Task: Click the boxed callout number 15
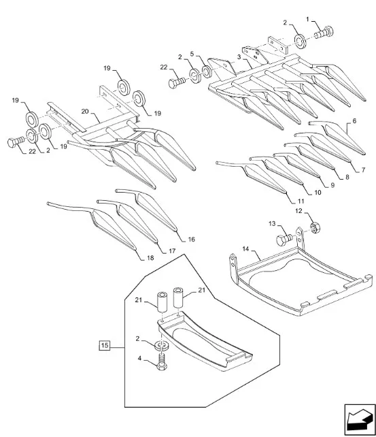pos(104,346)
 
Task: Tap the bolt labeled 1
pos(324,32)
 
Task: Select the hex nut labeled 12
pos(315,227)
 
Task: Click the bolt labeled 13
pos(284,239)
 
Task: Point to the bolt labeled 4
pos(162,362)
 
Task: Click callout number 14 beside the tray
pos(245,248)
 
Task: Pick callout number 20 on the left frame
pos(85,112)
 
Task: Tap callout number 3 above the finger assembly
pos(239,57)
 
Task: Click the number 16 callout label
pos(192,240)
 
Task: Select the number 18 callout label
pos(150,258)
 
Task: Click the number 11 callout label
pos(301,201)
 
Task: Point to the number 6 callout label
pos(354,121)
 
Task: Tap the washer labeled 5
pos(207,71)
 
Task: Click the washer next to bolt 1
pos(301,41)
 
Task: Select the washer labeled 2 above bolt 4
pos(160,346)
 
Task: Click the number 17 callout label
pos(172,250)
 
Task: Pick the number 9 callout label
pos(332,185)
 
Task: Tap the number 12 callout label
pos(298,211)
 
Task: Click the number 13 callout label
pos(272,223)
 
